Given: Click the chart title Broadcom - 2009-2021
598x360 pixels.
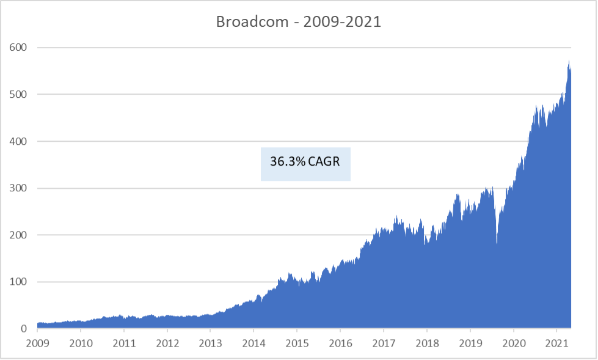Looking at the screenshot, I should click(x=299, y=21).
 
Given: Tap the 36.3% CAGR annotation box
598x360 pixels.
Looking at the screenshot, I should click(x=305, y=163).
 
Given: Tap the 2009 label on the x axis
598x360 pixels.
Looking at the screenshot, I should click(x=37, y=343).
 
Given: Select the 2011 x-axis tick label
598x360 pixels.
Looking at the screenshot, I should click(x=124, y=343).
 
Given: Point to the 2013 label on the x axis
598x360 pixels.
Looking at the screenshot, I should click(x=210, y=343).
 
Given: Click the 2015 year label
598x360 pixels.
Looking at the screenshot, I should click(x=296, y=343).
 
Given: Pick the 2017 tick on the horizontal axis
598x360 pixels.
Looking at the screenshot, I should click(x=383, y=343).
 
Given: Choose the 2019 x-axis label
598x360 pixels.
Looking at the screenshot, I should click(x=470, y=343).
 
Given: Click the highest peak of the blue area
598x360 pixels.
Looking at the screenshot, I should click(x=569, y=61).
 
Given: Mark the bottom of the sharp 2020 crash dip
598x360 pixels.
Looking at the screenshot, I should click(x=497, y=243).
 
